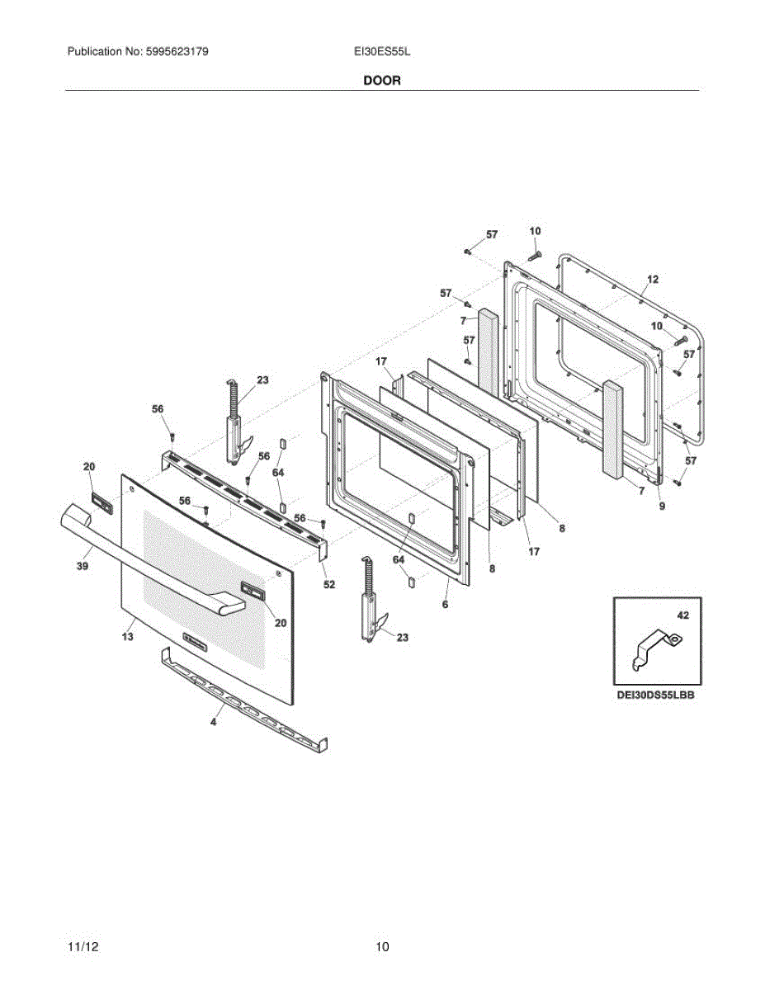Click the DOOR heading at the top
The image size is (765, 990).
pyautogui.click(x=382, y=81)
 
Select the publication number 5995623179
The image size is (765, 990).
pyautogui.click(x=177, y=51)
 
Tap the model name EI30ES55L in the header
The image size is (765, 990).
pyautogui.click(x=382, y=51)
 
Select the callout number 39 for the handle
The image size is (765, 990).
pyautogui.click(x=83, y=566)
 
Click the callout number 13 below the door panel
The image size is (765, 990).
pyautogui.click(x=128, y=636)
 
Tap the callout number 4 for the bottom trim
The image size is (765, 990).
pyautogui.click(x=213, y=721)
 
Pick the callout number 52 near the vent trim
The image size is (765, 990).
pyautogui.click(x=329, y=584)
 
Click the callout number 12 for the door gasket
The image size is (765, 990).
pyautogui.click(x=653, y=280)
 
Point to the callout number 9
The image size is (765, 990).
pyautogui.click(x=662, y=506)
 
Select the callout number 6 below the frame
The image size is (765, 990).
pyautogui.click(x=445, y=604)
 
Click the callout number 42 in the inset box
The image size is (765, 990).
pyautogui.click(x=683, y=615)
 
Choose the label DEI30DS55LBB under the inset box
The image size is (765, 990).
pyautogui.click(x=655, y=695)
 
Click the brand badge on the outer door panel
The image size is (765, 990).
pyautogui.click(x=196, y=642)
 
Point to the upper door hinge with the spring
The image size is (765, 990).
pyautogui.click(x=237, y=422)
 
